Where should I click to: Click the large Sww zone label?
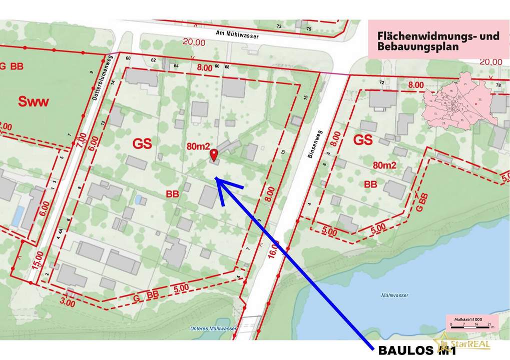34,102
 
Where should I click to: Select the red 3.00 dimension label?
68,302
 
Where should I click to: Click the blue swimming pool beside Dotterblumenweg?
18,215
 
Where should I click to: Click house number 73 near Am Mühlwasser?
279,26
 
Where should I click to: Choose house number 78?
498,85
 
